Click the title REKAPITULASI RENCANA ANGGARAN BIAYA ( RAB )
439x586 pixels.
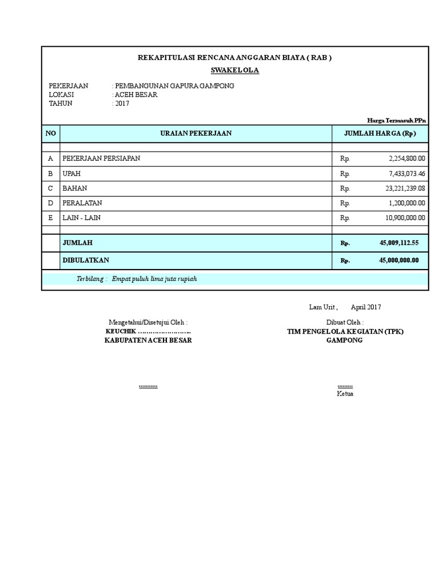[x=235, y=58]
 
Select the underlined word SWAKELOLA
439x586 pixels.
[x=235, y=70]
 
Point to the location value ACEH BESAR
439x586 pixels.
[x=136, y=94]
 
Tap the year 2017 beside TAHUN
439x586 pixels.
[x=122, y=104]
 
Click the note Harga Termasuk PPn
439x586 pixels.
[x=397, y=120]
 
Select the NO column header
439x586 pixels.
[x=50, y=133]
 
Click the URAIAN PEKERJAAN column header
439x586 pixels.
[x=195, y=133]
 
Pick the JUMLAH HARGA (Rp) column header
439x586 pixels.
[x=380, y=133]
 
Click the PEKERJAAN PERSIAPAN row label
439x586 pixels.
[x=101, y=158]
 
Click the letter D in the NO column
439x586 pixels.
[x=50, y=203]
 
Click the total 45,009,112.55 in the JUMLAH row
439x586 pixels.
[x=398, y=243]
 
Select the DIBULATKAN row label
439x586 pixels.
[x=86, y=260]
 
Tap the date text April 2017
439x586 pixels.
[x=366, y=307]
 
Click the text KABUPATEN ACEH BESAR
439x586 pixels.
[x=148, y=340]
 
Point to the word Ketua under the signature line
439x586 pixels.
[x=345, y=394]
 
